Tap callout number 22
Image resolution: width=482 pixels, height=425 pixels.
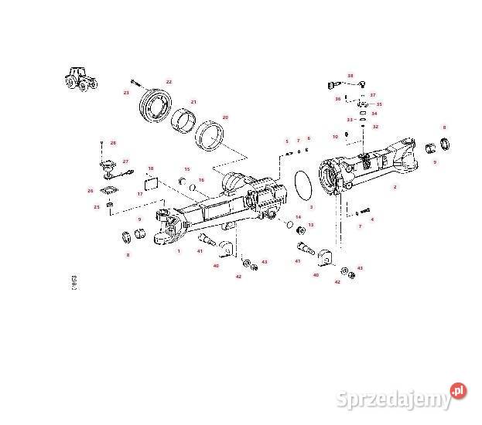[x=169, y=82]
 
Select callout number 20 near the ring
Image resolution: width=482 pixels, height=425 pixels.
[x=225, y=117]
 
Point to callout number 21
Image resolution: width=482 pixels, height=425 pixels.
[x=193, y=101]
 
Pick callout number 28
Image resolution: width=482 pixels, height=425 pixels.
[x=113, y=143]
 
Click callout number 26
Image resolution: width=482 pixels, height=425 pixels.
[x=91, y=191]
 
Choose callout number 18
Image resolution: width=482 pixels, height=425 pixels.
[x=151, y=168]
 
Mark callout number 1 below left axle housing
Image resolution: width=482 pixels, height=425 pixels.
[x=179, y=250]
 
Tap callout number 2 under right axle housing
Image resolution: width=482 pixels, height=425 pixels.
[x=395, y=187]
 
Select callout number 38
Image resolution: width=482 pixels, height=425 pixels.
[x=350, y=76]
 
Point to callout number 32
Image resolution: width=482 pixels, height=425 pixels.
[x=375, y=126]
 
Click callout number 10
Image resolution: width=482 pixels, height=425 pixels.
[x=335, y=137]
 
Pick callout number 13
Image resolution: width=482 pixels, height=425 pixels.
[x=311, y=225]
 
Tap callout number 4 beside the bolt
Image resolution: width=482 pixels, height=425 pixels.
[x=372, y=219]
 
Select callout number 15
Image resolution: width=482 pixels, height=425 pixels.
[x=186, y=169]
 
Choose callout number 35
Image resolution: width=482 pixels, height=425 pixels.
[x=378, y=104]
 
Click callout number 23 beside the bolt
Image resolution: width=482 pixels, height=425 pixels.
[x=126, y=92]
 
